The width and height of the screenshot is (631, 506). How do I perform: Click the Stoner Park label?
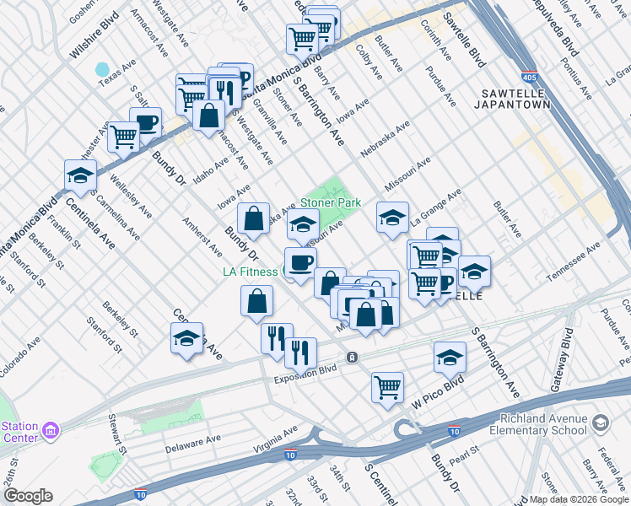(x=331, y=202)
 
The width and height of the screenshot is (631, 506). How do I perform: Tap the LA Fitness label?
(x=250, y=272)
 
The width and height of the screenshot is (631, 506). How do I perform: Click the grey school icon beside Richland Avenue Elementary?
(x=601, y=420)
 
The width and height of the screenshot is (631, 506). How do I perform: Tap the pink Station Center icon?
(x=51, y=430)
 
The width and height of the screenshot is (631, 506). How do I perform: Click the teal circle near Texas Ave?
(x=103, y=69)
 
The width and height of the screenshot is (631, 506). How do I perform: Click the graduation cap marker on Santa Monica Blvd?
(x=80, y=175)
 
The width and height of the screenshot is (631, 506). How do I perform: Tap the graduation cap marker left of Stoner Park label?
(x=303, y=224)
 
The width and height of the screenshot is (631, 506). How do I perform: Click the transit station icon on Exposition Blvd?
(x=353, y=357)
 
